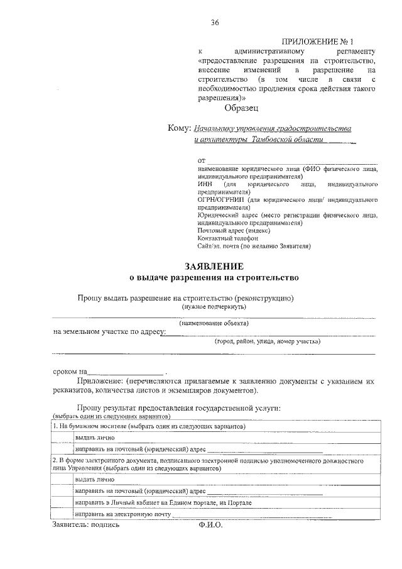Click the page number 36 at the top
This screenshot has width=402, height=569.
(215, 23)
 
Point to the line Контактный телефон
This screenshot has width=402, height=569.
(227, 238)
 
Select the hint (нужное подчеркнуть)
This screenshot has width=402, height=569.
(214, 306)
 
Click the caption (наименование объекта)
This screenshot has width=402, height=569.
(214, 323)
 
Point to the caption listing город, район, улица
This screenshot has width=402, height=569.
(267, 341)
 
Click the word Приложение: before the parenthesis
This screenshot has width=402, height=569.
(100, 381)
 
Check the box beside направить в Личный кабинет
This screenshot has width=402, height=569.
(62, 503)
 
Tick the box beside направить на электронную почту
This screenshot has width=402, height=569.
(62, 515)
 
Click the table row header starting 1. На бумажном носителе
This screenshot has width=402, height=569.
(148, 426)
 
